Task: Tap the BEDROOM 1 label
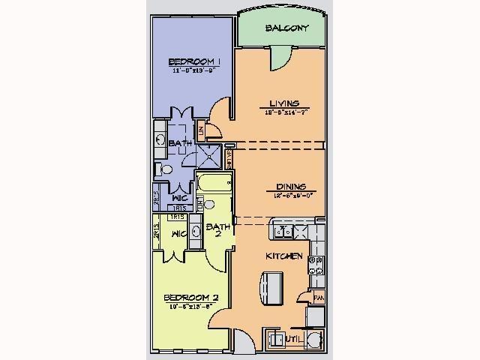tap(193, 61)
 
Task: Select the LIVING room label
tap(284, 103)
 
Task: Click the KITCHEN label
tap(284, 256)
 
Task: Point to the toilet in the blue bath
tap(160, 169)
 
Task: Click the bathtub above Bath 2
tap(214, 183)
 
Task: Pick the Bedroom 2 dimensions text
tap(189, 307)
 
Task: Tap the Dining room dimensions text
tap(287, 194)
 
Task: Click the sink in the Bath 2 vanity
tap(195, 231)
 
